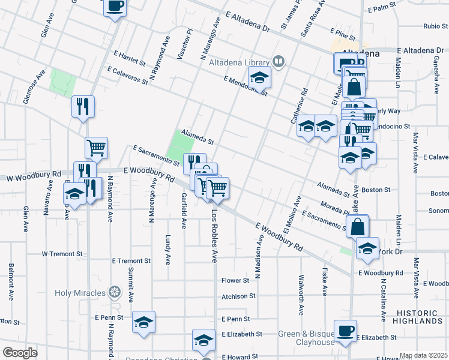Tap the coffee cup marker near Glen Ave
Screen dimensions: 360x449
click(x=115, y=7)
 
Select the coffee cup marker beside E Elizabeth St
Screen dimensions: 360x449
click(x=345, y=331)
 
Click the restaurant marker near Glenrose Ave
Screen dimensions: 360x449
click(x=83, y=106)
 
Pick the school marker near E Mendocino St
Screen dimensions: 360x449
click(x=259, y=77)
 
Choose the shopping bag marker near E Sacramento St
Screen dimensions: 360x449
click(x=357, y=227)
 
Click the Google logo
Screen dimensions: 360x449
click(x=19, y=352)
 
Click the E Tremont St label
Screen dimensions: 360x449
click(x=131, y=261)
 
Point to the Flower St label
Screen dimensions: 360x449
click(x=235, y=280)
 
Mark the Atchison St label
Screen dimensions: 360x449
click(x=238, y=296)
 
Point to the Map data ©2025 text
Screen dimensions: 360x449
click(x=423, y=355)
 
